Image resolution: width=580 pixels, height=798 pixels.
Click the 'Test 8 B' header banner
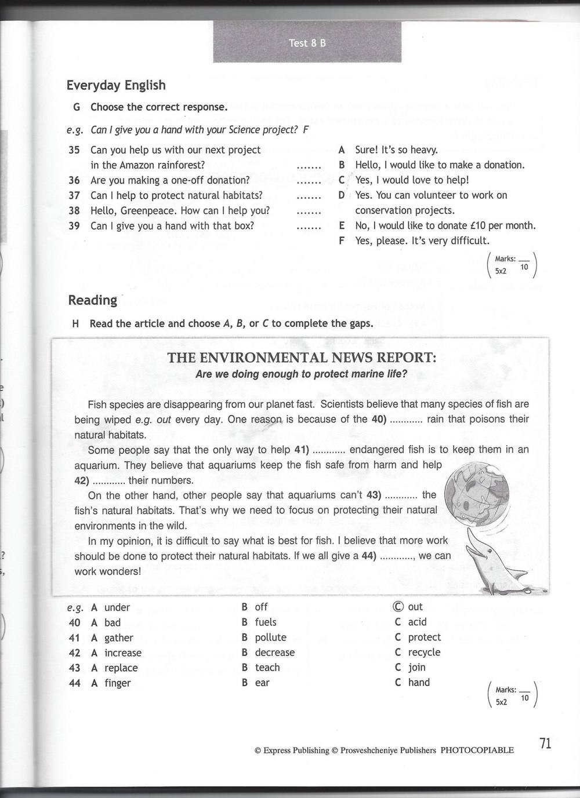point(307,42)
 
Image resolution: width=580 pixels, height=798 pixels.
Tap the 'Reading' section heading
point(92,300)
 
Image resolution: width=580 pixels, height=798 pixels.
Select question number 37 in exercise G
point(74,195)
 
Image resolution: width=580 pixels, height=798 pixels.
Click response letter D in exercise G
point(342,195)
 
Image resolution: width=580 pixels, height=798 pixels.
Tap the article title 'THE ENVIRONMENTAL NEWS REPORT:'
point(302,358)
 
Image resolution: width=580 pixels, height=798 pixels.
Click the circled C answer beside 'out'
point(397,607)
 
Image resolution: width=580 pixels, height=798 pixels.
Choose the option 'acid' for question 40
point(417,622)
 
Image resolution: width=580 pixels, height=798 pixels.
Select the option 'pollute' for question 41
point(271,637)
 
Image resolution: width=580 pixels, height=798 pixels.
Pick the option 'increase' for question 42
point(122,653)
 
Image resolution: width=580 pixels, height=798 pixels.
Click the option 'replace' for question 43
point(121,668)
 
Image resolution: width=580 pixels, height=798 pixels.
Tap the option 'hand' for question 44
point(419,682)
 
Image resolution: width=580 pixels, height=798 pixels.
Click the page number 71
point(545,743)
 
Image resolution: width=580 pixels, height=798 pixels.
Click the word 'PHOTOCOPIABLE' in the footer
point(477,750)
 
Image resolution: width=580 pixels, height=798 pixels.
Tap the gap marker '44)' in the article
point(369,556)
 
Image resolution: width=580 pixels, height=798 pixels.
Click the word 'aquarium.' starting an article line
point(97,465)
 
